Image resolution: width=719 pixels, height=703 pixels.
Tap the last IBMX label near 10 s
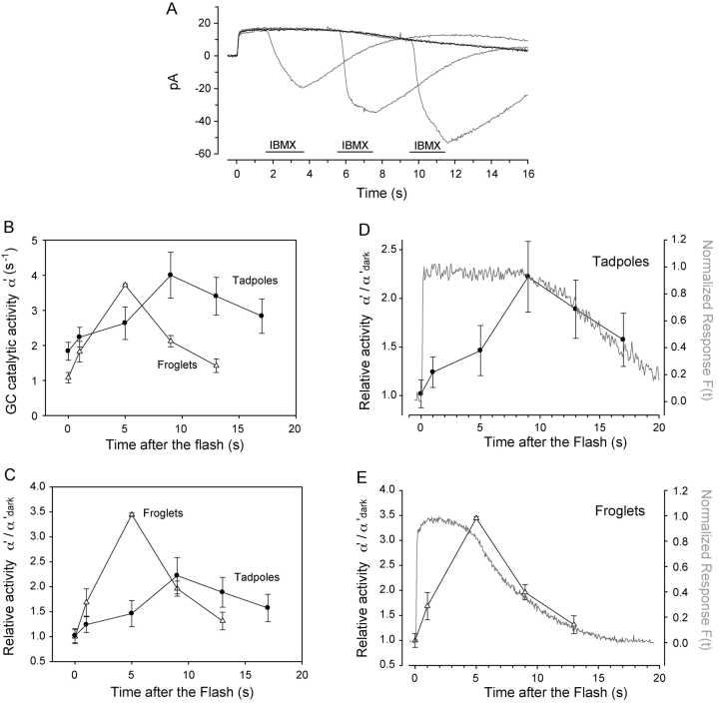(427, 146)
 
